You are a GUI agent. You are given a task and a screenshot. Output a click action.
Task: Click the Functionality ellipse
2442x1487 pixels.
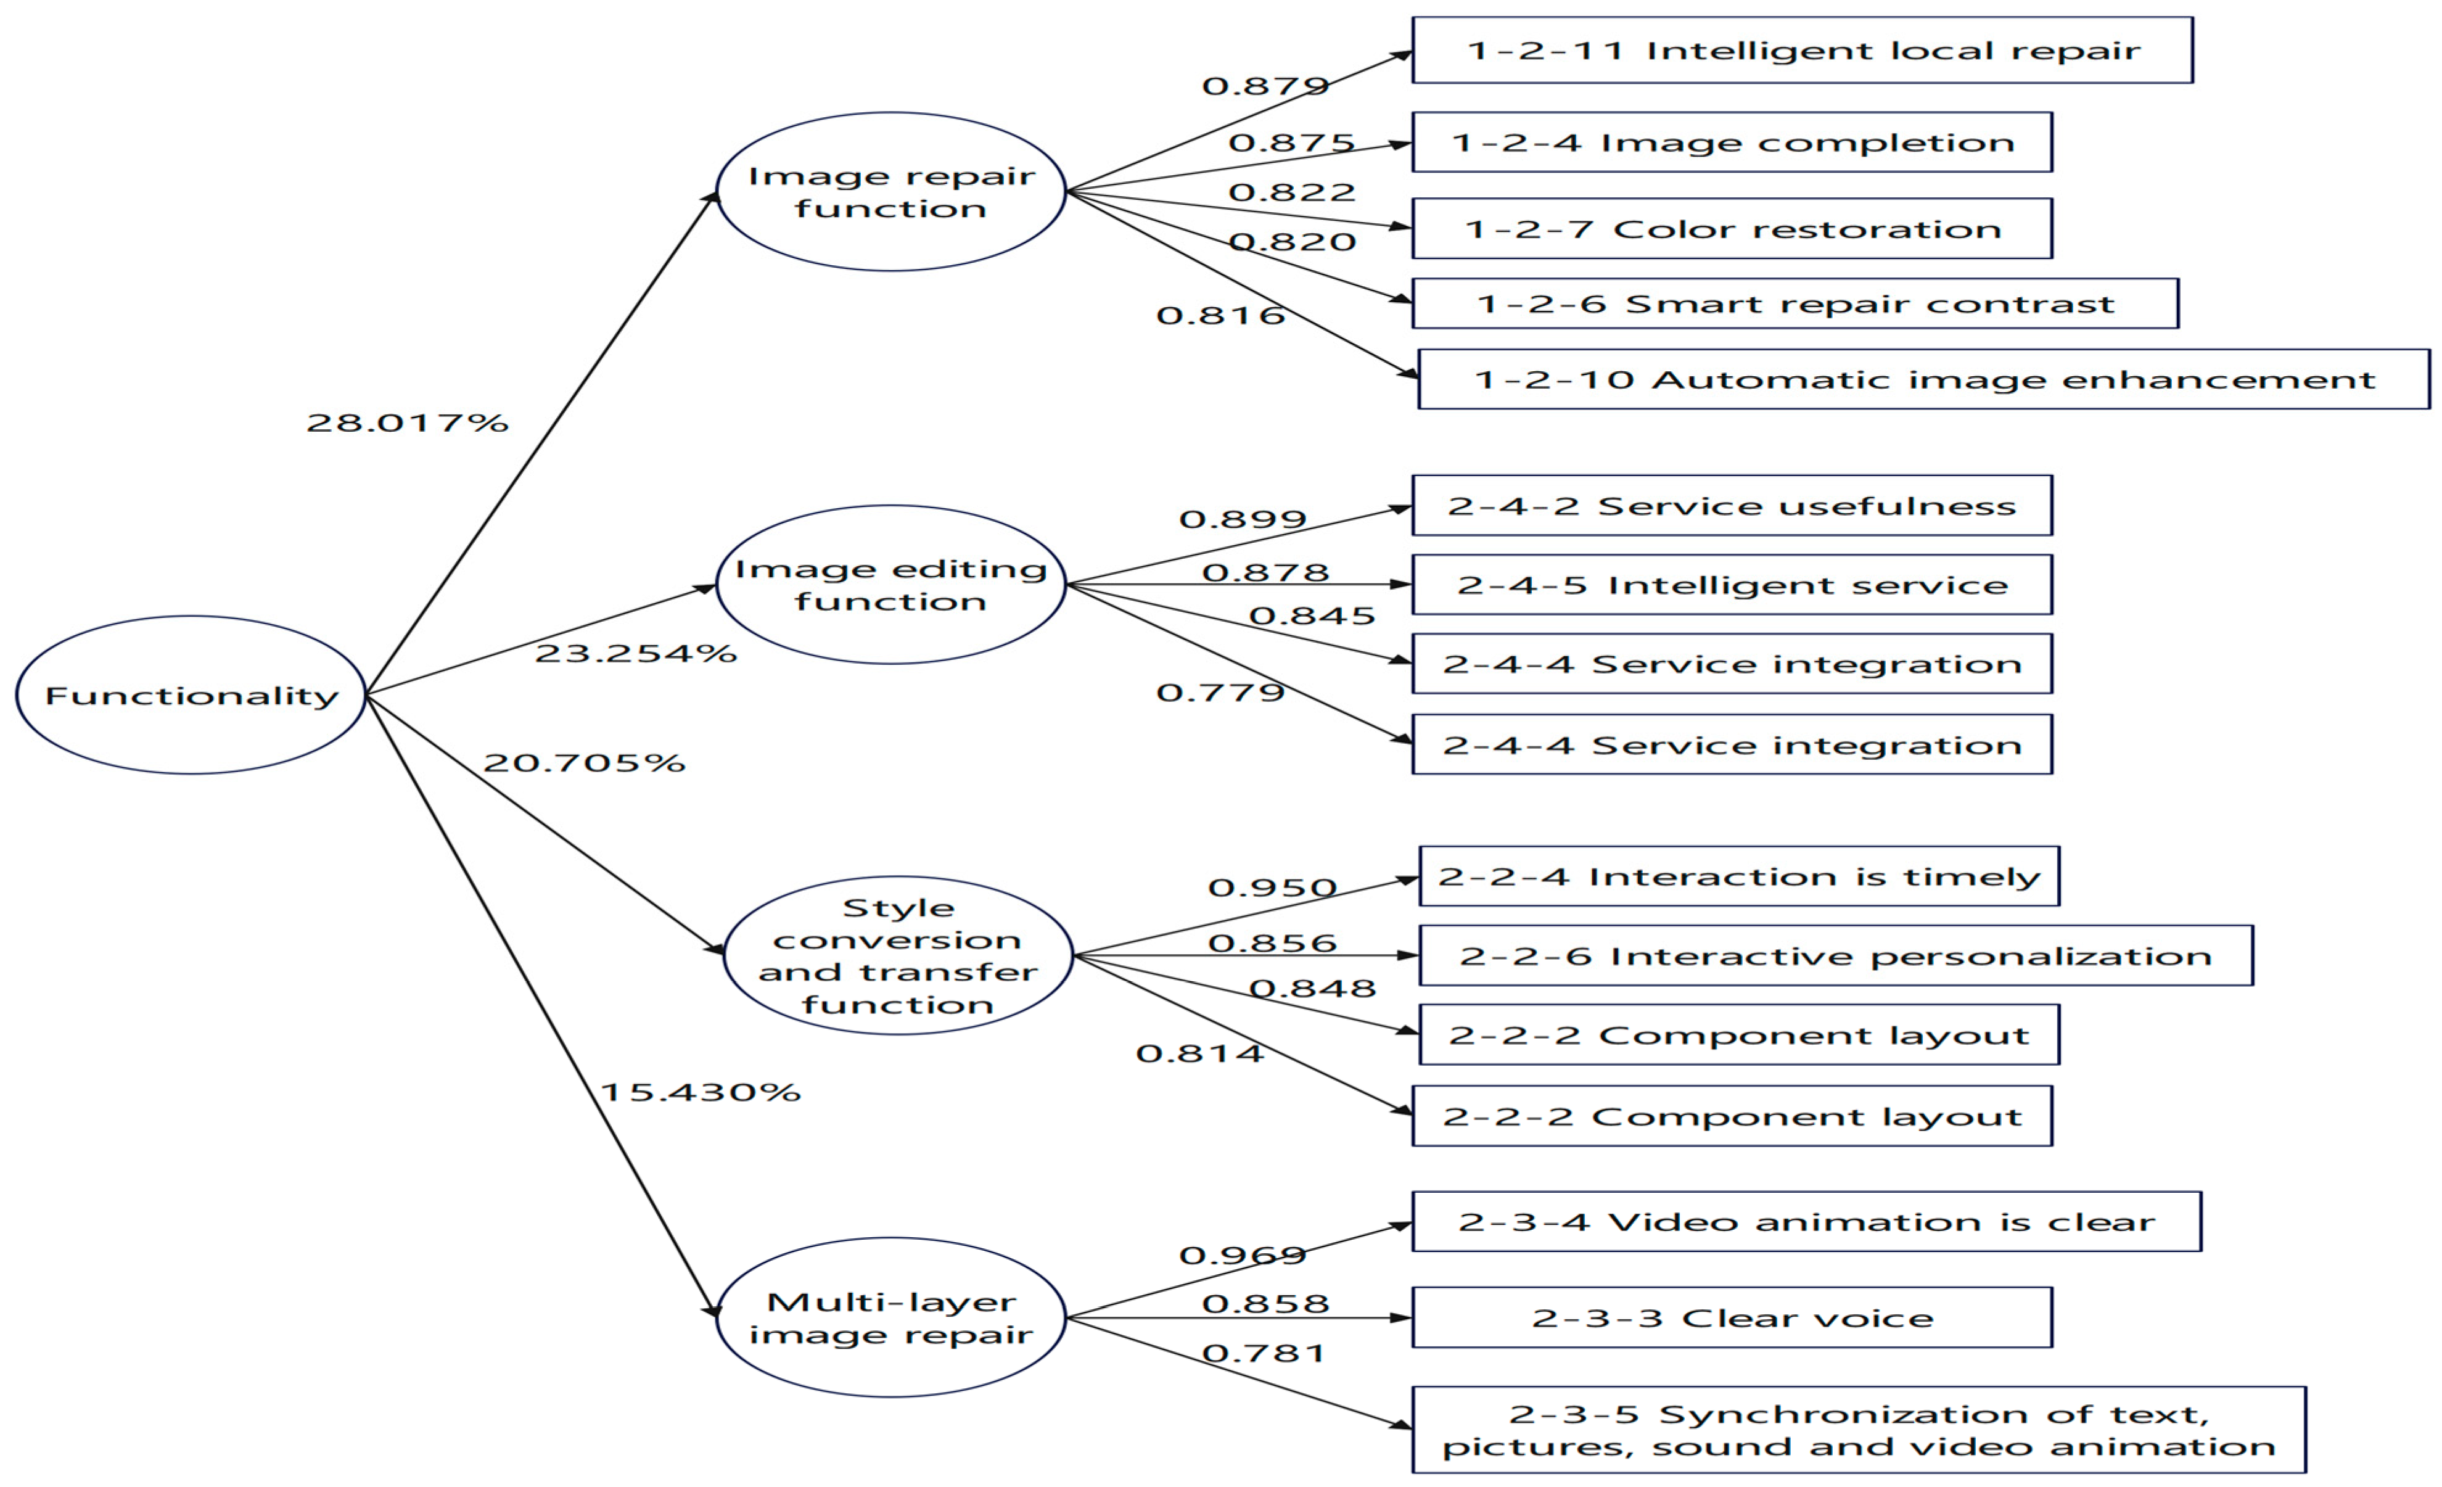(x=191, y=695)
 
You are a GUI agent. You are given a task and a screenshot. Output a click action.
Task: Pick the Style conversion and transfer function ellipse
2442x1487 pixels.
(x=898, y=955)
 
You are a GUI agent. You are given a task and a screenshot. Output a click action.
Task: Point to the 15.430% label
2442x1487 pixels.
(x=700, y=1092)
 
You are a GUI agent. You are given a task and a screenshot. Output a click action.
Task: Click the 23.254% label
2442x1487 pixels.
(x=635, y=653)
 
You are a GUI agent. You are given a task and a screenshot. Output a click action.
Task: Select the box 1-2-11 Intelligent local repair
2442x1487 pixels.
(x=1802, y=51)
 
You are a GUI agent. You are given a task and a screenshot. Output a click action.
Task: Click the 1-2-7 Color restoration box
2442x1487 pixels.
(x=1732, y=229)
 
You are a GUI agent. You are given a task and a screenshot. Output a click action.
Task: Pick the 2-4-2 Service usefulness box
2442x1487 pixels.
(x=1732, y=506)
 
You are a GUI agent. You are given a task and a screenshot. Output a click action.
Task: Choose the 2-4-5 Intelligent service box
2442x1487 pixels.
(x=1732, y=585)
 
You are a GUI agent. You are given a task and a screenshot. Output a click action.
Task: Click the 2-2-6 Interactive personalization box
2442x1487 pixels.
(x=1835, y=955)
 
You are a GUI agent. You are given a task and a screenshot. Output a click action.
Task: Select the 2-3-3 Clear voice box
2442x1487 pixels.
(x=1732, y=1317)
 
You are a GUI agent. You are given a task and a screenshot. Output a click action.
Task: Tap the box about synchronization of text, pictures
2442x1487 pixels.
(x=1858, y=1430)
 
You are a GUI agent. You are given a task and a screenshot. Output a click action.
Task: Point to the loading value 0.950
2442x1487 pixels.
(x=1272, y=888)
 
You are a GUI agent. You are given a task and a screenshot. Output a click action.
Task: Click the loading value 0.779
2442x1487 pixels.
(x=1220, y=692)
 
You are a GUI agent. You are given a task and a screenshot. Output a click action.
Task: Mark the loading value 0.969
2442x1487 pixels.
(x=1243, y=1256)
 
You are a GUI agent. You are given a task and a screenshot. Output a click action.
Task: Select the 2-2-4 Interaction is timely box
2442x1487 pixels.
(x=1740, y=876)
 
